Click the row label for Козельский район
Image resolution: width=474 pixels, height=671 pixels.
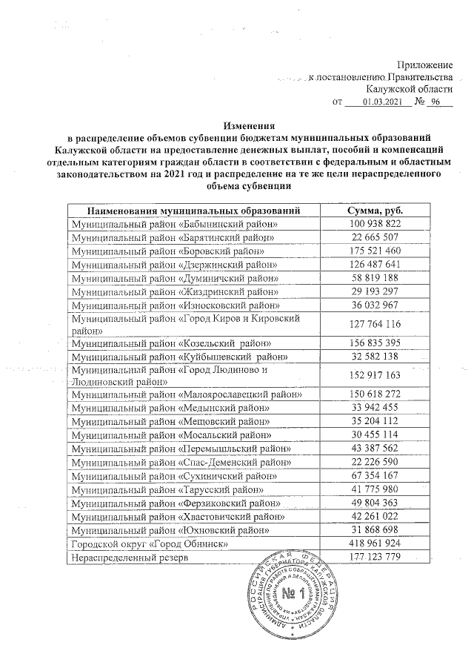tap(171, 344)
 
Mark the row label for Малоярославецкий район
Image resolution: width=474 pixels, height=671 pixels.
tap(186, 396)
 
